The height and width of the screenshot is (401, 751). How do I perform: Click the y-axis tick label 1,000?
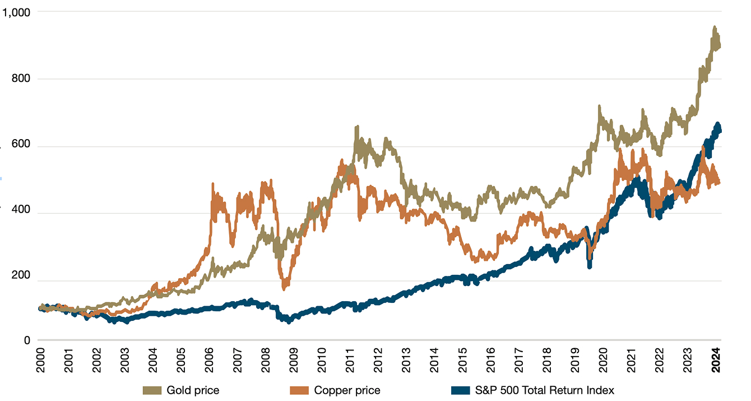point(18,11)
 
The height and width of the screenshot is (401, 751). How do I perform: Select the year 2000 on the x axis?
point(40,358)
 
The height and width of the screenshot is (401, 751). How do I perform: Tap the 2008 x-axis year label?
point(267,358)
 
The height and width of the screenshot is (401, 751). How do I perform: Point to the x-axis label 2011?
point(351,358)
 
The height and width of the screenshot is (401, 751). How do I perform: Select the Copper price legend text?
point(347,390)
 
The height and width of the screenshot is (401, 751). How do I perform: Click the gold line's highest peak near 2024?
point(714,27)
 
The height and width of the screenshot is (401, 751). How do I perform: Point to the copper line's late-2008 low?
point(285,287)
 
